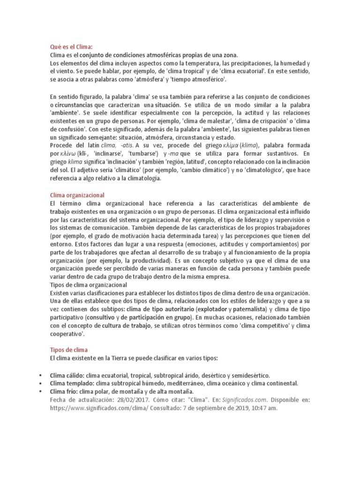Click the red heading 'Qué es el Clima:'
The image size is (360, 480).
coord(72,46)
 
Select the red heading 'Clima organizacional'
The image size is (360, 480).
coord(77,195)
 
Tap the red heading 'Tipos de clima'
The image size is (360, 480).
coord(68,350)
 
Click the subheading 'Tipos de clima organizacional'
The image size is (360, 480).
coord(89,285)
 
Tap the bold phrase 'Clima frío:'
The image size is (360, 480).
coord(67,391)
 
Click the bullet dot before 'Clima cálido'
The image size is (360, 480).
coord(42,375)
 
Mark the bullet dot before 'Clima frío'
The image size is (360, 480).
coord(42,391)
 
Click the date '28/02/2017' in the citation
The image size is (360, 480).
coord(127,399)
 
